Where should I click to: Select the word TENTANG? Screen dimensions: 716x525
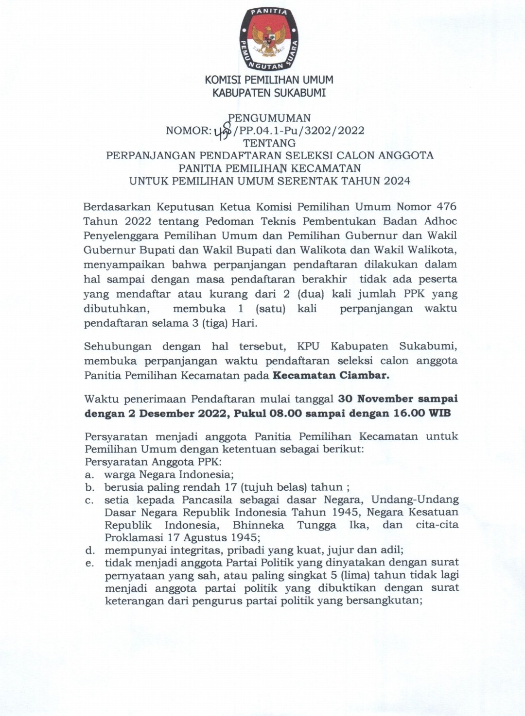[x=269, y=143]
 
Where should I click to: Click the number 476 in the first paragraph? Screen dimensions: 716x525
[x=447, y=207]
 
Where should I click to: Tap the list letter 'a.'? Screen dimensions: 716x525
[x=89, y=474]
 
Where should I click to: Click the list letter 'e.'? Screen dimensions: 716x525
[x=89, y=563]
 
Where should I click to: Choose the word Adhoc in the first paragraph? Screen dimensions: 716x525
[x=441, y=221]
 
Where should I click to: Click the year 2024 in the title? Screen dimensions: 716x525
[x=396, y=181]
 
